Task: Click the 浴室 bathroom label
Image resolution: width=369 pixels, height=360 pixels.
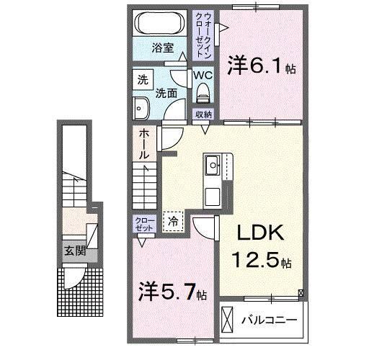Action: (162, 48)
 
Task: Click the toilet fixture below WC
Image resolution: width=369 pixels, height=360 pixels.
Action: (203, 91)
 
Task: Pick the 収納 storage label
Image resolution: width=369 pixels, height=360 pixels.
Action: (203, 114)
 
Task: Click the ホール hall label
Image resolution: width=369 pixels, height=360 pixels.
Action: (144, 144)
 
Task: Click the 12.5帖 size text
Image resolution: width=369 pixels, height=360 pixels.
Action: (260, 261)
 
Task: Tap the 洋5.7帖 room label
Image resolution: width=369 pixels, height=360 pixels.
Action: (173, 293)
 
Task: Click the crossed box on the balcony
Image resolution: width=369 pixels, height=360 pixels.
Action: (228, 318)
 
